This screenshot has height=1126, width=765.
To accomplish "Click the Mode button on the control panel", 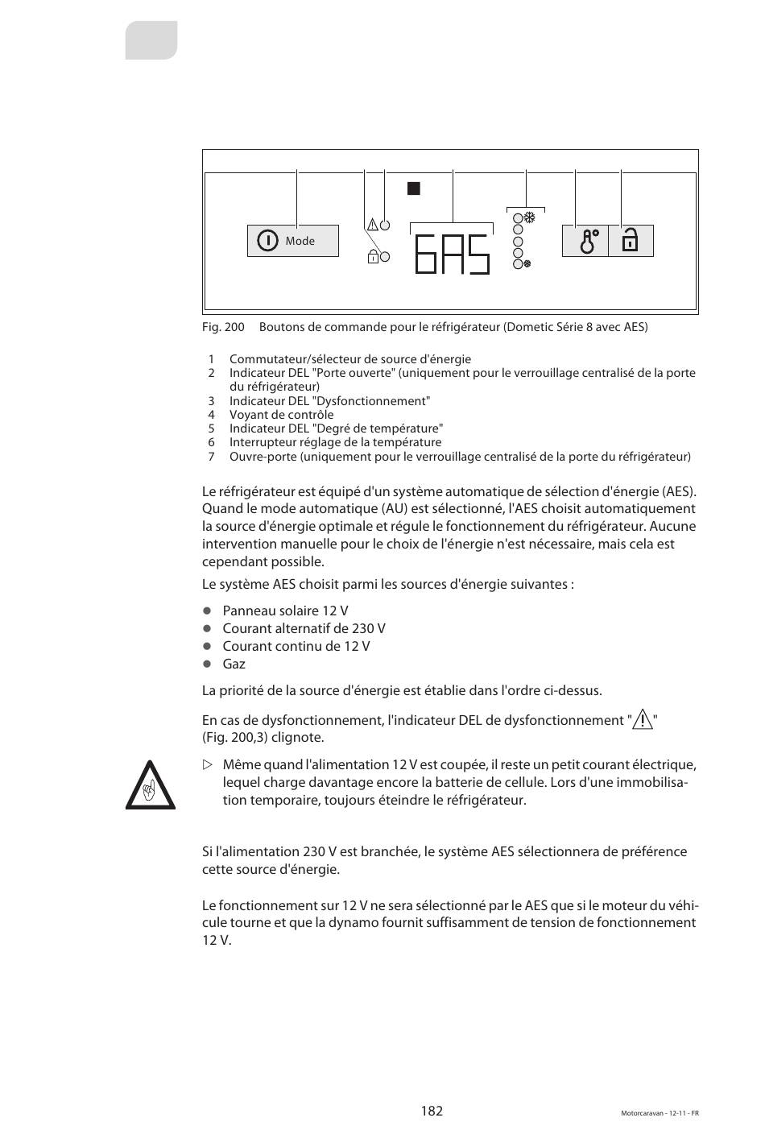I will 292,241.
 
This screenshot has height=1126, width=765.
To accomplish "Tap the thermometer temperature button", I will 585,241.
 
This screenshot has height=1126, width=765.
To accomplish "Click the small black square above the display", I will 414,189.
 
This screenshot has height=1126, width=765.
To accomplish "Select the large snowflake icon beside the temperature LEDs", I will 530,217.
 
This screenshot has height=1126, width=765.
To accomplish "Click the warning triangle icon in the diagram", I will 372,225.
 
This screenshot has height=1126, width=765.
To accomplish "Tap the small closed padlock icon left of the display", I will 373,258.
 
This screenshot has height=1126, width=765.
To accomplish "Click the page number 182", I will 432,1111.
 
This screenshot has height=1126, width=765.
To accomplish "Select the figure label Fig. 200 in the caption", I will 223,327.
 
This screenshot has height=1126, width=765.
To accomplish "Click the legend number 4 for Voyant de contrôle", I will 211,415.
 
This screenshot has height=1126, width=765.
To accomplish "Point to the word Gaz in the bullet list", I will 234,664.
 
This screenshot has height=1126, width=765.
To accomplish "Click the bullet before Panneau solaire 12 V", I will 207,611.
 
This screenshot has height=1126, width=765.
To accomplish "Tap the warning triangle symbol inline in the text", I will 643,719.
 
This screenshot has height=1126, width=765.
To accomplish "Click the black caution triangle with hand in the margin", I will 150,785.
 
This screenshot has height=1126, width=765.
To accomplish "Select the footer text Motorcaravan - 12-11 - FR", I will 660,1113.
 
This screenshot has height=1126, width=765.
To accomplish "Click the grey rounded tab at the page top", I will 151,40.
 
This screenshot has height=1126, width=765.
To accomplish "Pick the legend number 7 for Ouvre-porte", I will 211,457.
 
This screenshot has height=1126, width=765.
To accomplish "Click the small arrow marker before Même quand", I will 207,764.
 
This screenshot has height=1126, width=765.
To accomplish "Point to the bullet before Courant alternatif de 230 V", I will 207,628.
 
